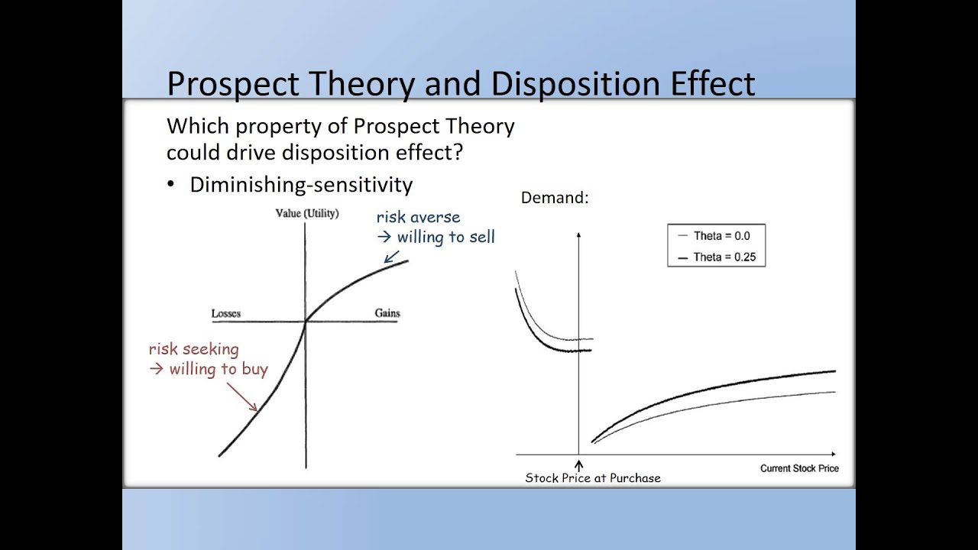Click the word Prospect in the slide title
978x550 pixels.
pos(225,83)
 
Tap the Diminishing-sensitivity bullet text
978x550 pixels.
pos(301,185)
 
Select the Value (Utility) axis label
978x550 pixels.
pos(306,213)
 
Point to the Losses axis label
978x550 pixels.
pos(226,313)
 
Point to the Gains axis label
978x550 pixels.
pos(387,313)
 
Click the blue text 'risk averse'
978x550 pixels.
pos(418,218)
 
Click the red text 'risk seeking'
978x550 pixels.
pos(193,349)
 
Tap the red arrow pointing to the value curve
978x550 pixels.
pos(243,396)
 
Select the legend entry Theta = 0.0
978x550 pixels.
pos(721,236)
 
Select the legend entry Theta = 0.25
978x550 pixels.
pos(724,257)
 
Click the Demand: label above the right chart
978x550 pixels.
pos(555,197)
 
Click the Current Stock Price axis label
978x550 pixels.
pos(798,468)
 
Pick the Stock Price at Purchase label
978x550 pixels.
pos(593,478)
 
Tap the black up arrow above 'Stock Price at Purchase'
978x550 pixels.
pos(578,464)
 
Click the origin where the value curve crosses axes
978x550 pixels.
pos(306,321)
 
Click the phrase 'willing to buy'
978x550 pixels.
pos(219,370)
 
